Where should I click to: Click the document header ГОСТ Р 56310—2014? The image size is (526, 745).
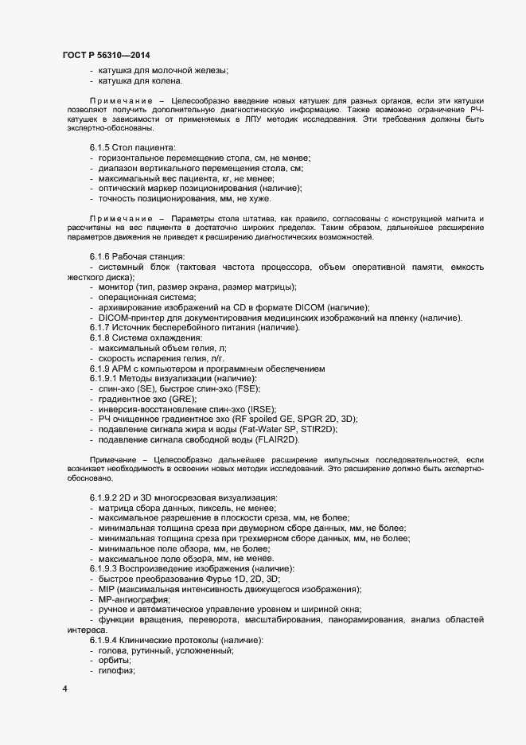[x=107, y=55]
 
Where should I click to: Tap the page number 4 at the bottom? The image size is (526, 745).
[x=64, y=687]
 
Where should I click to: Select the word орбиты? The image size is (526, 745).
[x=114, y=661]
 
